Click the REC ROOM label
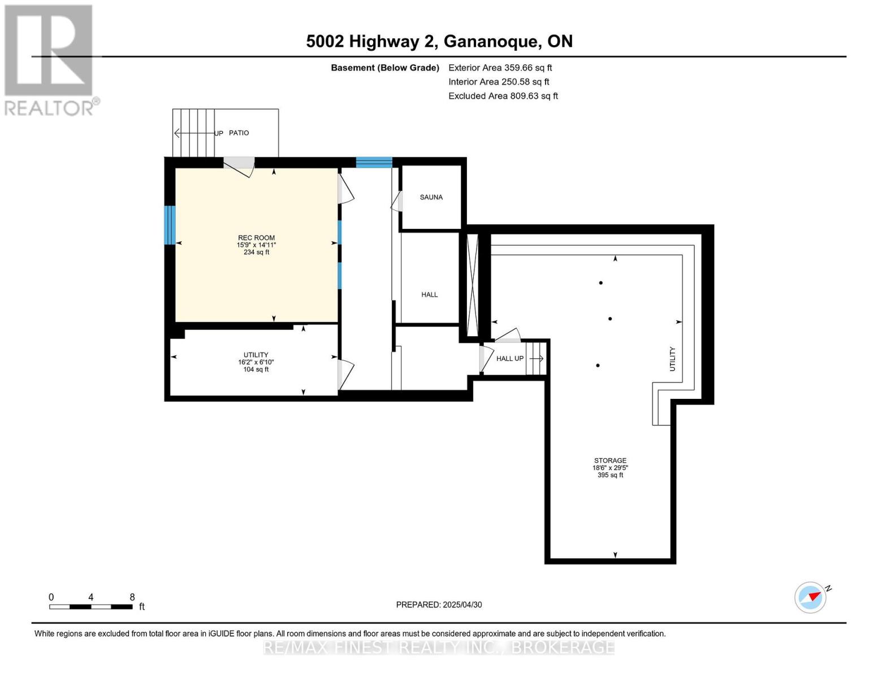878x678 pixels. (x=256, y=238)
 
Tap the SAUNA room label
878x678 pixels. (x=431, y=197)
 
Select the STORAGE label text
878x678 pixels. (x=610, y=460)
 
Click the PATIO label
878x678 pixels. (x=239, y=133)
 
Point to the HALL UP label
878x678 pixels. (x=509, y=358)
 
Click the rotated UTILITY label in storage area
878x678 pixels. (x=672, y=359)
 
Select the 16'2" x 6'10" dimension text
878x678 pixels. (x=256, y=362)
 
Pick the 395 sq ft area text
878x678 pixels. (x=610, y=475)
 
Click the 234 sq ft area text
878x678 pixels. (x=256, y=253)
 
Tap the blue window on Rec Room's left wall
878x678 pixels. (x=170, y=225)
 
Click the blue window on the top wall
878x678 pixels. (x=374, y=163)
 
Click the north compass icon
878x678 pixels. (x=810, y=597)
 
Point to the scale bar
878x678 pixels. (x=91, y=607)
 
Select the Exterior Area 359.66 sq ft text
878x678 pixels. (x=500, y=67)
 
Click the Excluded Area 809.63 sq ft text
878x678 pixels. (x=503, y=96)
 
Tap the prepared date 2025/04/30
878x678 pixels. (x=439, y=605)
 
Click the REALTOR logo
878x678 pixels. (x=49, y=60)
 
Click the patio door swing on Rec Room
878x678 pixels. (x=239, y=166)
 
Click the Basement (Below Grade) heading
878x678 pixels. (x=384, y=68)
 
